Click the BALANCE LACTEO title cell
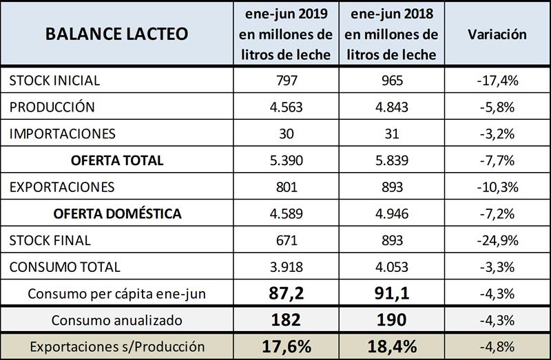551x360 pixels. pos(116,34)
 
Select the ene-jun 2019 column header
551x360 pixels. pos(286,34)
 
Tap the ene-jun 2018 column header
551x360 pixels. pos(391,34)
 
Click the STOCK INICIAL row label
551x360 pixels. pos(54,81)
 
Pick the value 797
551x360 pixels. pos(286,81)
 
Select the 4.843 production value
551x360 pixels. pos(391,107)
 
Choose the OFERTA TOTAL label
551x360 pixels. pos(117,160)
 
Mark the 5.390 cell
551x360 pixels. pos(286,160)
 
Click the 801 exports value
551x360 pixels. pos(286,187)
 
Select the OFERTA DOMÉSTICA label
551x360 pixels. pos(117,213)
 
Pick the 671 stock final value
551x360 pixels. pos(286,240)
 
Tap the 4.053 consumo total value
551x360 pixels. pos(391,267)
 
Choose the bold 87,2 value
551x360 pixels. pos(286,293)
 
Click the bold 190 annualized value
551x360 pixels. pos(391,319)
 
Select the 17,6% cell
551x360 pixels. pos(286,346)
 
